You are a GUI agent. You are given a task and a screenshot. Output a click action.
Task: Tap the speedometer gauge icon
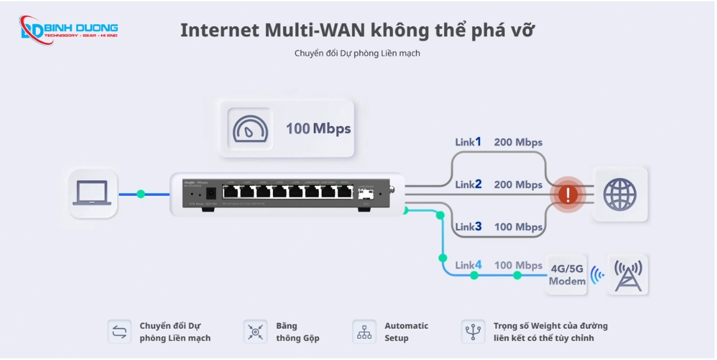(247, 128)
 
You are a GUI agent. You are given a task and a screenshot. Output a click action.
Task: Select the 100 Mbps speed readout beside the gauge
(318, 129)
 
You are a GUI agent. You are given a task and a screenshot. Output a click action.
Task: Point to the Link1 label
(468, 142)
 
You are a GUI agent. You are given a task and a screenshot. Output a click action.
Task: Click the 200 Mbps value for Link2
(518, 185)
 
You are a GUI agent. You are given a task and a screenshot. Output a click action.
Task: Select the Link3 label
(468, 227)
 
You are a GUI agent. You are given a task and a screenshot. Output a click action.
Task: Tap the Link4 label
(468, 265)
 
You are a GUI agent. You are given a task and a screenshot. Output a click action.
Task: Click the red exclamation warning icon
(567, 194)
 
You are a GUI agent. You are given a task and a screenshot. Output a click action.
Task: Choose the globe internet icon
(619, 194)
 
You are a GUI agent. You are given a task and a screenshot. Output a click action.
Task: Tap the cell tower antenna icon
(628, 275)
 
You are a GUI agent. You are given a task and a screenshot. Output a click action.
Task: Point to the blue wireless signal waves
(597, 276)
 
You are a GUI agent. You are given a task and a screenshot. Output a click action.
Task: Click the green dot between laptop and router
(141, 193)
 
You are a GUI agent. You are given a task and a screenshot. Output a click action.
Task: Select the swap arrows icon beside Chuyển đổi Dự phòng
(119, 332)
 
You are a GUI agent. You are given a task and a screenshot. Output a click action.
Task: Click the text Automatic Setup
(406, 332)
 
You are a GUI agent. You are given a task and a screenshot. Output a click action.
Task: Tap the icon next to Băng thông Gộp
(255, 332)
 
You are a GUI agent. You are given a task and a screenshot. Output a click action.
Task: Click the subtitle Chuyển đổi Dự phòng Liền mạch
(357, 53)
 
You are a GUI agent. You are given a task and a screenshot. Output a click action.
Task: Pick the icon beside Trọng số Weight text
(473, 332)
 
